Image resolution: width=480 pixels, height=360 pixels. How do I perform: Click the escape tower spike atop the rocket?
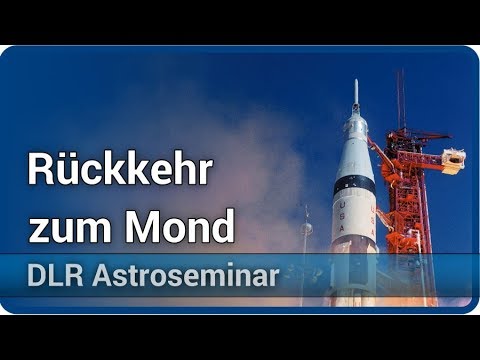click(355, 96)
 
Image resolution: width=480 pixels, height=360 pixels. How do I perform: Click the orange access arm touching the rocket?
click(384, 150)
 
